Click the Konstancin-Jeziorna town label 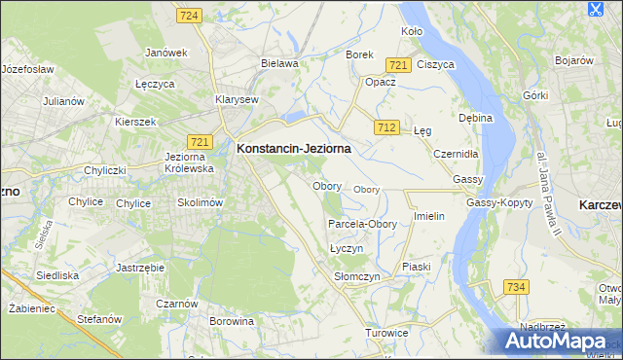[x=293, y=149]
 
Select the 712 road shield [x=386, y=127]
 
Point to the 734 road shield [x=516, y=287]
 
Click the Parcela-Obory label [x=362, y=224]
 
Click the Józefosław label [x=27, y=70]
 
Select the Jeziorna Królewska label [x=189, y=162]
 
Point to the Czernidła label [x=456, y=154]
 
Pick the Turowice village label [x=386, y=333]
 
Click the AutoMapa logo [x=558, y=342]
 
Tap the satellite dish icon [x=596, y=11]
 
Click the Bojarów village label [x=573, y=60]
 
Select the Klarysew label [x=237, y=99]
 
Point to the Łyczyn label [x=347, y=249]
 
